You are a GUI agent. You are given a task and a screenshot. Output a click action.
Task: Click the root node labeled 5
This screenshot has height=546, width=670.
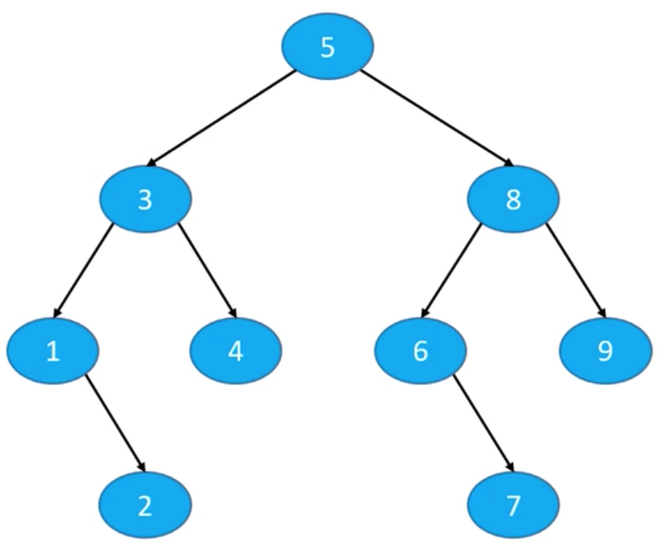(x=327, y=46)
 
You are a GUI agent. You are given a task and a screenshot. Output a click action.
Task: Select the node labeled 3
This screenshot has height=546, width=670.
(x=145, y=199)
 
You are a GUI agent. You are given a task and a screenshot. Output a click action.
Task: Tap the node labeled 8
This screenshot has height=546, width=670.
(x=513, y=199)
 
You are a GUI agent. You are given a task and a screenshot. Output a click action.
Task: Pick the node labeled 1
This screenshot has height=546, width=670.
(x=53, y=351)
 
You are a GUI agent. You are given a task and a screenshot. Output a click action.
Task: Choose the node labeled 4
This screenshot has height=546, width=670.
(x=236, y=351)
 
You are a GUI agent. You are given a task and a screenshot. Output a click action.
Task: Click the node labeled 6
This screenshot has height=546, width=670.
(x=420, y=351)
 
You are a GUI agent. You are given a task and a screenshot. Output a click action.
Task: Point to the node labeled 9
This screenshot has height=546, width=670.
(x=606, y=351)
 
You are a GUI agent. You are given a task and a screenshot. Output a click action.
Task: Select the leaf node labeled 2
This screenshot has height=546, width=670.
(x=145, y=505)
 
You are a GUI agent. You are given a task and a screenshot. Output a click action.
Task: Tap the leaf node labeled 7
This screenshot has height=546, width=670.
(x=513, y=505)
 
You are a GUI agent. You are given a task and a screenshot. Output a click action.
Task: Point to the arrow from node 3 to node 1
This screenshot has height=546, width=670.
(x=83, y=270)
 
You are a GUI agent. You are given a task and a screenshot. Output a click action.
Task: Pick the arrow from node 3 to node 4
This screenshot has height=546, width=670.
(x=207, y=270)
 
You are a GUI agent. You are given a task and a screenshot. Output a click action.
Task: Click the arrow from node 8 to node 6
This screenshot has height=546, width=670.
(x=451, y=270)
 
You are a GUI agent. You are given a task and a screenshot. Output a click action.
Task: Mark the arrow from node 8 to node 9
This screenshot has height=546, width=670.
(x=576, y=270)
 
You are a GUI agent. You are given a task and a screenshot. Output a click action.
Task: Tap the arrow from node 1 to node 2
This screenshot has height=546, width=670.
(x=115, y=423)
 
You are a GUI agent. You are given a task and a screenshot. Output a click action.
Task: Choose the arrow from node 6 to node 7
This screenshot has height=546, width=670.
(x=483, y=423)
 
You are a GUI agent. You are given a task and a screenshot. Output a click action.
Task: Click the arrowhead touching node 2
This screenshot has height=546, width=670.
(x=142, y=467)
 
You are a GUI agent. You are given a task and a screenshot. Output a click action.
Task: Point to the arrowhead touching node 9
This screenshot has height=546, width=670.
(x=602, y=312)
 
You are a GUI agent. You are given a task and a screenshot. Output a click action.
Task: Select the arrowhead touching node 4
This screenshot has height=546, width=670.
(x=232, y=312)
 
